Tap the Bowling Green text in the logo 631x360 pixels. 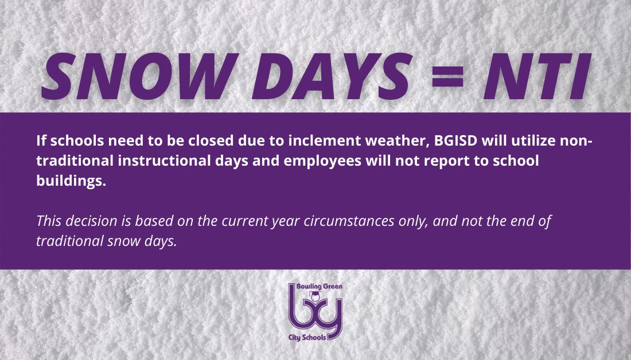(x=315, y=286)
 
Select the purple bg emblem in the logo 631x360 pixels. (x=315, y=312)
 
